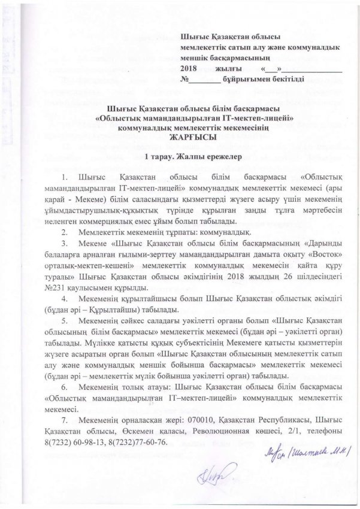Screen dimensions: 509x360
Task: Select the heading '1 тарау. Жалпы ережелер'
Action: coord(179,157)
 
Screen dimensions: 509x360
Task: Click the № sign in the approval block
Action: coord(192,79)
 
